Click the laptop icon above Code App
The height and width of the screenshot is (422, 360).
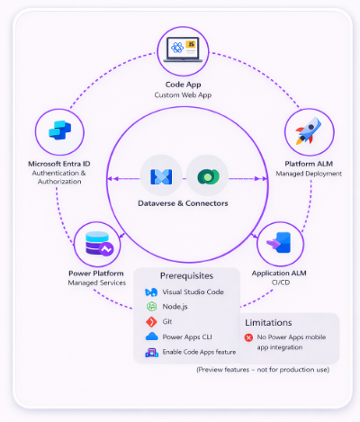pyautogui.click(x=183, y=49)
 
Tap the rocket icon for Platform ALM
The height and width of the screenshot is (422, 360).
pyautogui.click(x=309, y=131)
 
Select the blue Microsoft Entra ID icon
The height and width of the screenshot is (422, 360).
pyautogui.click(x=59, y=130)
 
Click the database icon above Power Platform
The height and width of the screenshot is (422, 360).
pyautogui.click(x=99, y=244)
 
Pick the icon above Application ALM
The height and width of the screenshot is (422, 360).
pyautogui.click(x=279, y=242)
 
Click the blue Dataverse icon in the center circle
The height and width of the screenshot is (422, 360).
pyautogui.click(x=161, y=176)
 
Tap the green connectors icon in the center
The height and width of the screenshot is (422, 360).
pyautogui.click(x=208, y=176)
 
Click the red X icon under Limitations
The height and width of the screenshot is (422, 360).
pyautogui.click(x=248, y=337)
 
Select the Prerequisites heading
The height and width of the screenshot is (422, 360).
pyautogui.click(x=186, y=275)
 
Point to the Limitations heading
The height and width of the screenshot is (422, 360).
pyautogui.click(x=268, y=322)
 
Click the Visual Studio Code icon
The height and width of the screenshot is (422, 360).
pyautogui.click(x=151, y=292)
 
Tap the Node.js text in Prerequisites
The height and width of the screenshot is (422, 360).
pyautogui.click(x=175, y=307)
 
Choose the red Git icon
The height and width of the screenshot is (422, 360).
pyautogui.click(x=151, y=322)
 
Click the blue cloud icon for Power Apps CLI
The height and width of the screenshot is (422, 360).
pyautogui.click(x=151, y=337)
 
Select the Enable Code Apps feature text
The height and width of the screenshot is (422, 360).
pyautogui.click(x=199, y=352)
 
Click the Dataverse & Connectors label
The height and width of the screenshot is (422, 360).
pyautogui.click(x=183, y=203)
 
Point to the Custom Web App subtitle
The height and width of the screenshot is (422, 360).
pyautogui.click(x=183, y=95)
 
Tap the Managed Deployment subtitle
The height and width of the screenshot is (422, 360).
pyautogui.click(x=309, y=174)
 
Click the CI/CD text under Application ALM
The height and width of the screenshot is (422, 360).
pyautogui.click(x=281, y=283)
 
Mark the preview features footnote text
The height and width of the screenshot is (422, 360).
pyautogui.click(x=263, y=370)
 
